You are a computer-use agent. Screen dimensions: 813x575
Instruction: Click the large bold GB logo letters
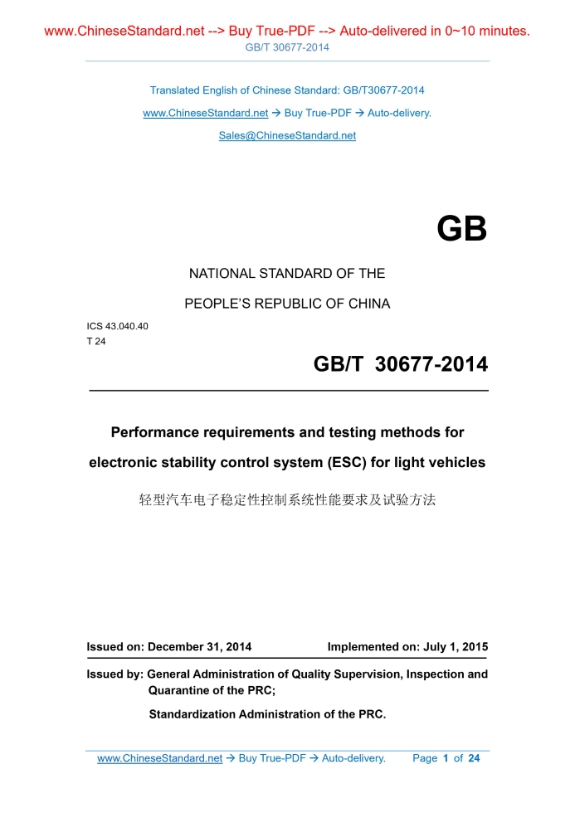point(461,229)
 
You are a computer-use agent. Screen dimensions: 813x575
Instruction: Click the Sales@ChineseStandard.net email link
point(287,135)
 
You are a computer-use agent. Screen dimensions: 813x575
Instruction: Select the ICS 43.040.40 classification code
point(117,326)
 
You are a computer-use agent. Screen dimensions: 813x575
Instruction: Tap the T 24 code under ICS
point(96,341)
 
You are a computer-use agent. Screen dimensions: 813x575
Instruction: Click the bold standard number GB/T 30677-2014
point(400,364)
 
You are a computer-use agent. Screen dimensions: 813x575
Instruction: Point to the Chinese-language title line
point(287,500)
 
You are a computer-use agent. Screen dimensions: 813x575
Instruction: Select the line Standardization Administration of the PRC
point(267,713)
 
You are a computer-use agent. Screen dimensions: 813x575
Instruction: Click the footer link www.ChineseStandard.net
point(160,758)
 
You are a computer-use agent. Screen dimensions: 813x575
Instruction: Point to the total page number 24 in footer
point(474,758)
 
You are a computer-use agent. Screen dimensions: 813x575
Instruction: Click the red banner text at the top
point(287,32)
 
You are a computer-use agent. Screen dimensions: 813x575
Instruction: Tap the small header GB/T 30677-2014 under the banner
point(287,47)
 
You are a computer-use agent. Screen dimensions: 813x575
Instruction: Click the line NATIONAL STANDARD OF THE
point(287,273)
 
